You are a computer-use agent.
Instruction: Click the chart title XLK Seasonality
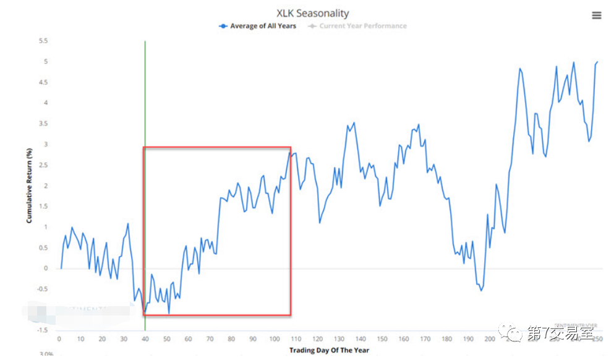pos(312,13)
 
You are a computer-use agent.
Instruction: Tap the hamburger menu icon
pos(597,15)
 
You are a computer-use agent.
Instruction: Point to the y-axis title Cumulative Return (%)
pos(29,185)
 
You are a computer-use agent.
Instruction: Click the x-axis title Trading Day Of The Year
pos(328,351)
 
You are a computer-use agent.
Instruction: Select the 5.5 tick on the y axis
pos(43,41)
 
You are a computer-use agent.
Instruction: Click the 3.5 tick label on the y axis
pos(43,124)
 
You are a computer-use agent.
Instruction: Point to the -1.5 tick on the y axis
pos(42,330)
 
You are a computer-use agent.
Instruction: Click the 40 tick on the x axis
pos(145,339)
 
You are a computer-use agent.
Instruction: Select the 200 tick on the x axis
pos(489,339)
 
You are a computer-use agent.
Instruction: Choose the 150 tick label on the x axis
pos(383,339)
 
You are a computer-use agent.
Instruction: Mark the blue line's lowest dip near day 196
pos(481,291)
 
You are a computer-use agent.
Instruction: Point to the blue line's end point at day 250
pos(597,62)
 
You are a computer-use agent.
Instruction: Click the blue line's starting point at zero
pos(61,268)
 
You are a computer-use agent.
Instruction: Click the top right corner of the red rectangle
pos(291,147)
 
